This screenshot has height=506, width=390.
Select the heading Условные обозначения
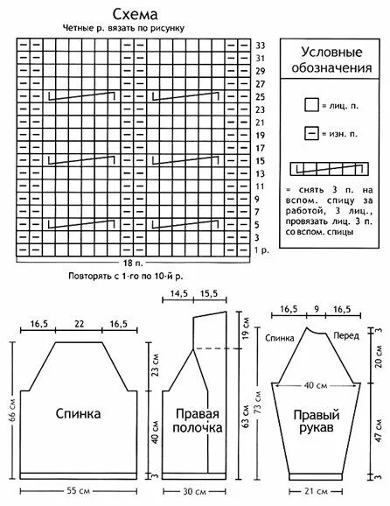[x=330, y=60]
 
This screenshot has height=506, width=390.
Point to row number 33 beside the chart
[x=260, y=45]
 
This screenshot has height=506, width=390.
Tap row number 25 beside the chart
[x=260, y=96]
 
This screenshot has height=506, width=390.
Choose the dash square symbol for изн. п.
[x=311, y=134]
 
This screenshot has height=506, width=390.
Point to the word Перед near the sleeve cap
[x=343, y=336]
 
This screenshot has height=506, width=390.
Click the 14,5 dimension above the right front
[x=180, y=294]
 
